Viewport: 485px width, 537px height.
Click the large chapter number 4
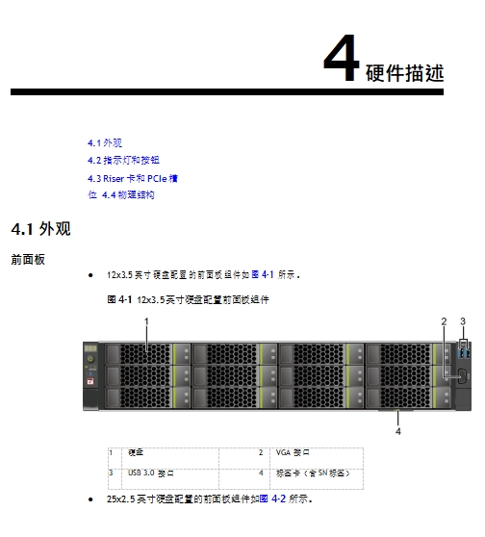pos(342,58)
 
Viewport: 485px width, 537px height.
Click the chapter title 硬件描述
pos(404,73)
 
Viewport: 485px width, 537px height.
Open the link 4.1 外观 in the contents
pos(105,142)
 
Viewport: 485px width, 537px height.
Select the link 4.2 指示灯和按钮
pos(123,161)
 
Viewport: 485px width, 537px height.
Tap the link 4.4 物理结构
pos(128,195)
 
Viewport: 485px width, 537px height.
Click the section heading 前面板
pos(28,260)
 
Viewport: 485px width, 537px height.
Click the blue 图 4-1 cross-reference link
pos(263,274)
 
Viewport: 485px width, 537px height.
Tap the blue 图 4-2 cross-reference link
pos(272,499)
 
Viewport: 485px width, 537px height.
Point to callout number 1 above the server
pos(146,321)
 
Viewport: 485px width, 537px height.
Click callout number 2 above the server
pos(444,321)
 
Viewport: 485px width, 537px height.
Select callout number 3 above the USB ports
pos(463,321)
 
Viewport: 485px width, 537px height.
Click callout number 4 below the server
pos(398,431)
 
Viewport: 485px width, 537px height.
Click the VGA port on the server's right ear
pos(462,376)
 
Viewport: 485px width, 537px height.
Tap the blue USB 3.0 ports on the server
pos(464,351)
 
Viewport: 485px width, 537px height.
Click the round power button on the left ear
pos(90,359)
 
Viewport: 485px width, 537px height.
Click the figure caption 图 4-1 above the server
pos(188,300)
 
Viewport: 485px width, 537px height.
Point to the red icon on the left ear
pos(90,381)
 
